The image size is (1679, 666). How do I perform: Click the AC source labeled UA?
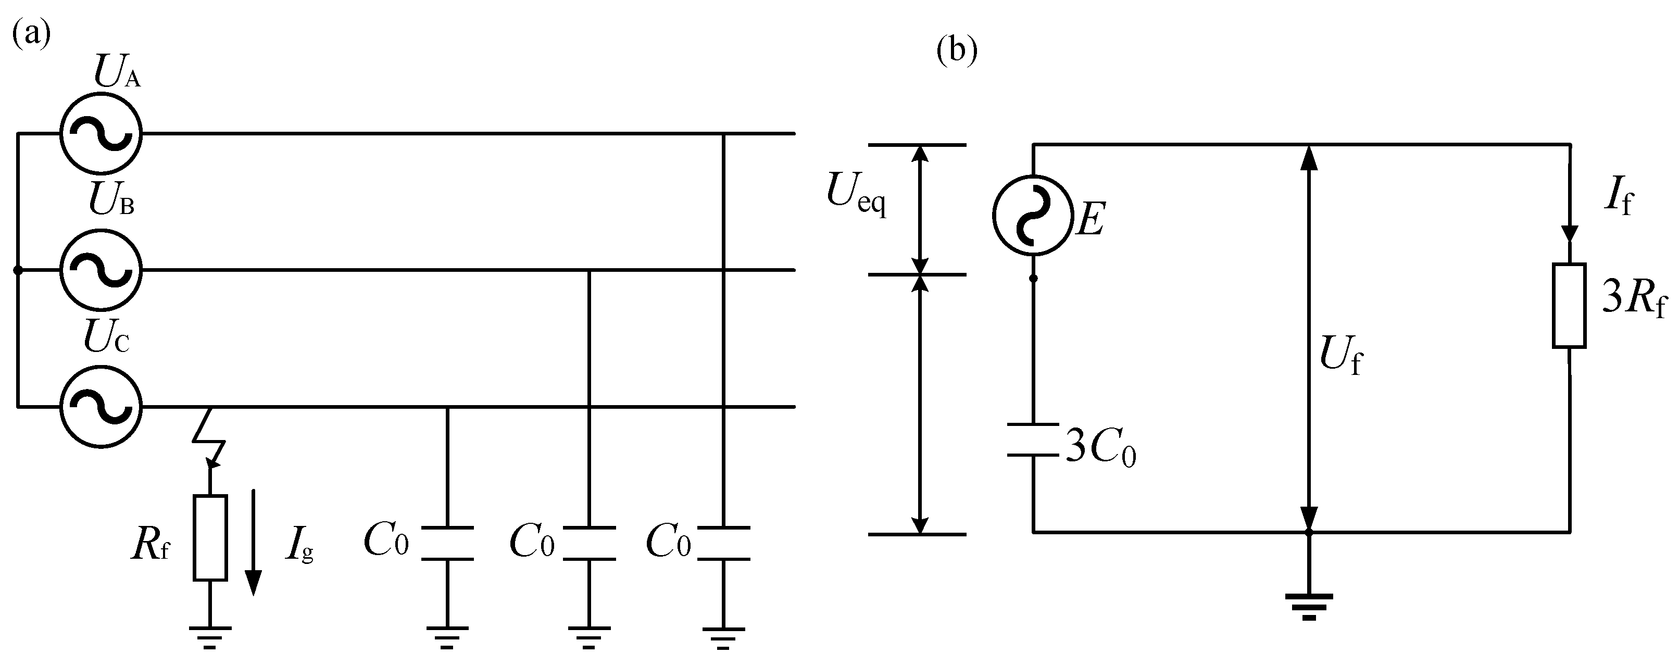pyautogui.click(x=101, y=134)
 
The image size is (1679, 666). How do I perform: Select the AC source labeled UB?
pyautogui.click(x=101, y=270)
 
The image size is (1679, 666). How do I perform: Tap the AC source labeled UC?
pyautogui.click(x=101, y=407)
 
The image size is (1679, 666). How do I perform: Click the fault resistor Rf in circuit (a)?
pyautogui.click(x=210, y=537)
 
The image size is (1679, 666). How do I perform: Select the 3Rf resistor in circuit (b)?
pyautogui.click(x=1569, y=306)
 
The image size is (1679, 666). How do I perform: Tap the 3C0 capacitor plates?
pyautogui.click(x=1033, y=440)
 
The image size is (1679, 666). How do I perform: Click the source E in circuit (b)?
pyautogui.click(x=1033, y=215)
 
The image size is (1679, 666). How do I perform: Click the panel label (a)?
pyautogui.click(x=31, y=34)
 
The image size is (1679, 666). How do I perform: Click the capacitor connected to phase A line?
pyautogui.click(x=723, y=542)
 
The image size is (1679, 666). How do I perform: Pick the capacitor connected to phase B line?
pyautogui.click(x=589, y=542)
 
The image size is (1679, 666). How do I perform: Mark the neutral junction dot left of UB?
pyautogui.click(x=18, y=270)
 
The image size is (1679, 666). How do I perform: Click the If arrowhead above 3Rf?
pyautogui.click(x=1569, y=233)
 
